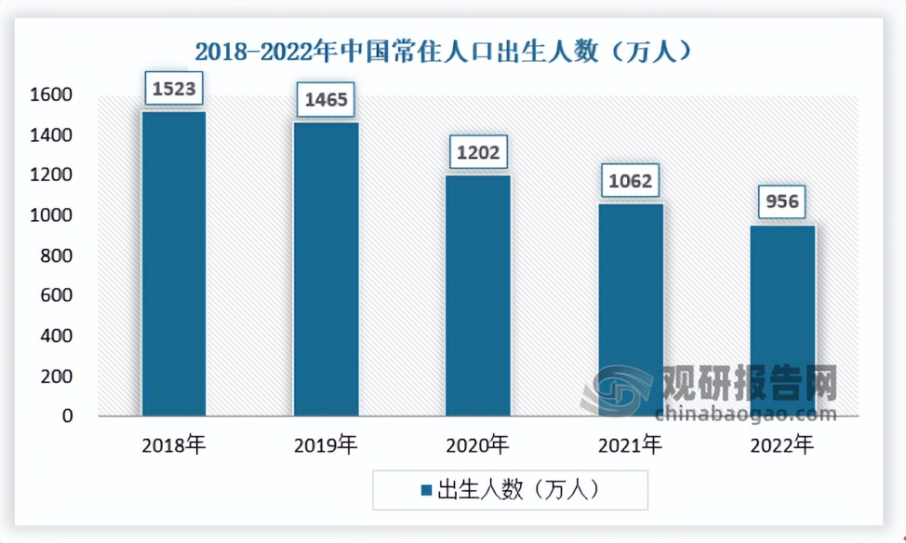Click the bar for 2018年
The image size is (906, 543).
point(173,264)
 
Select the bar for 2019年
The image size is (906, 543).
point(326,269)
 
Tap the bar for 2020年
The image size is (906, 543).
point(478,296)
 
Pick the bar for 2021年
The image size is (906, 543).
point(631,309)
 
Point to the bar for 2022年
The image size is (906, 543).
point(783,321)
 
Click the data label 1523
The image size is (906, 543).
point(173,90)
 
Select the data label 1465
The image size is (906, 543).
point(326,100)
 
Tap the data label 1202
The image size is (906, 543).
point(478,153)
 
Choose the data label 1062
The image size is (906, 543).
point(631,181)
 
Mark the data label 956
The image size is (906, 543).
point(783,202)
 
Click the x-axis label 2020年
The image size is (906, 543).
point(478,446)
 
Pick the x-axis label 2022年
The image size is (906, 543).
point(783,446)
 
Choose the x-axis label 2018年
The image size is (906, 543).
point(173,446)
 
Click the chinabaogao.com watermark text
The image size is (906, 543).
point(745,414)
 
